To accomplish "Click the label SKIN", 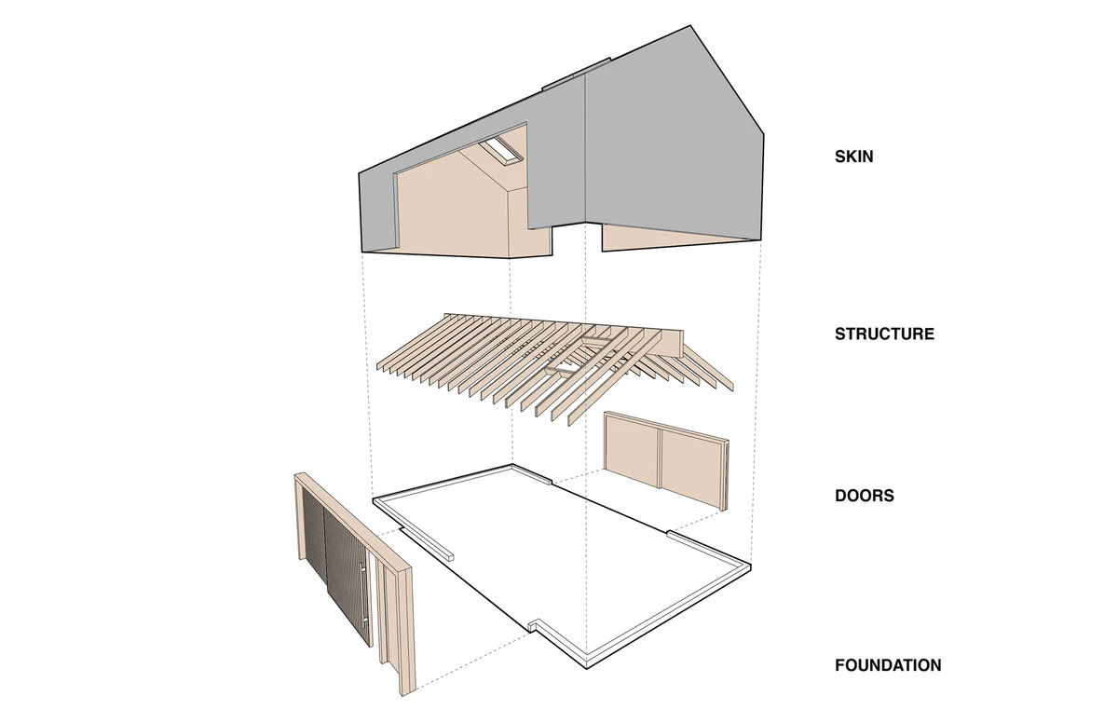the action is tap(854, 157).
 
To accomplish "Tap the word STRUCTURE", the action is tap(884, 334).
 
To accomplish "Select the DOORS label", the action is tap(865, 496).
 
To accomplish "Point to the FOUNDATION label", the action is tap(889, 665).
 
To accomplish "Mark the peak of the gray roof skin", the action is tap(690, 25).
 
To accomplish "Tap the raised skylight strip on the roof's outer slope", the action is tap(577, 75).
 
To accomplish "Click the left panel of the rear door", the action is tap(632, 452).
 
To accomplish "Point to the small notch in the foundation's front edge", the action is tap(533, 623).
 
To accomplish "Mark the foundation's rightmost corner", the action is tap(751, 566).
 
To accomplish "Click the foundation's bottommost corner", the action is tap(586, 669).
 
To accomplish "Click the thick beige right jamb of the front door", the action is tap(406, 633).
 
